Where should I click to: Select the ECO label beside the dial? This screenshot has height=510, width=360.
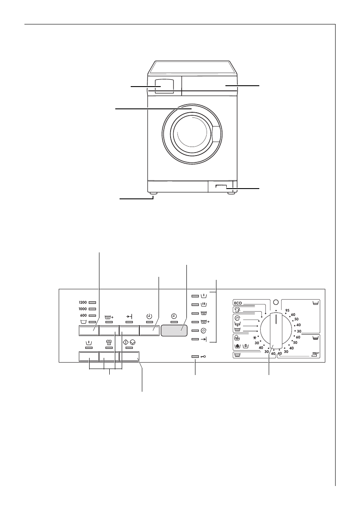pyautogui.click(x=239, y=302)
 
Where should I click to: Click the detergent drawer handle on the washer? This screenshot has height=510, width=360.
pyautogui.click(x=164, y=86)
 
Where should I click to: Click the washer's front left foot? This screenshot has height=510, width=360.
pyautogui.click(x=153, y=194)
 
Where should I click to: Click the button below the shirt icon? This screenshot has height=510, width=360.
pyautogui.click(x=108, y=357)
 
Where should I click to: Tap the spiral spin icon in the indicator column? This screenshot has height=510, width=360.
pyautogui.click(x=204, y=330)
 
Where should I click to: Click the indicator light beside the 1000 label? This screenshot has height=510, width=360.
pyautogui.click(x=92, y=309)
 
